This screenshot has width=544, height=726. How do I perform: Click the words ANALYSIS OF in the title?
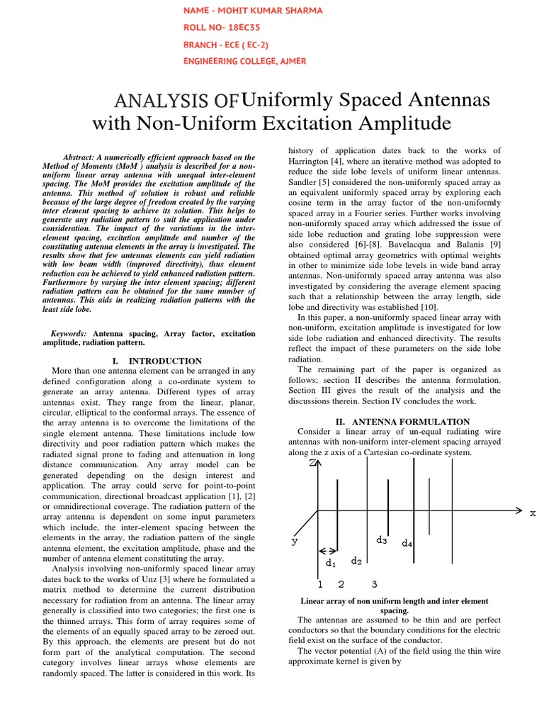181,101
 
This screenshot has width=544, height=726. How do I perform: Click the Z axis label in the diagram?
312,463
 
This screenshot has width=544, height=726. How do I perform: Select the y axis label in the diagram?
295,540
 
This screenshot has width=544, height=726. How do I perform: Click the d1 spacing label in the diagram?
330,563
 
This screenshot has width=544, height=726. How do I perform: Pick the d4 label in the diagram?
407,544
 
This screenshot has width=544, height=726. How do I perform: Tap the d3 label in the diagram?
382,540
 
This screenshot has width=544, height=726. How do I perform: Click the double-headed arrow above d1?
328,550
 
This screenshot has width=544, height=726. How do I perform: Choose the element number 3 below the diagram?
375,584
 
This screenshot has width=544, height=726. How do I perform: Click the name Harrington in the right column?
315,161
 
